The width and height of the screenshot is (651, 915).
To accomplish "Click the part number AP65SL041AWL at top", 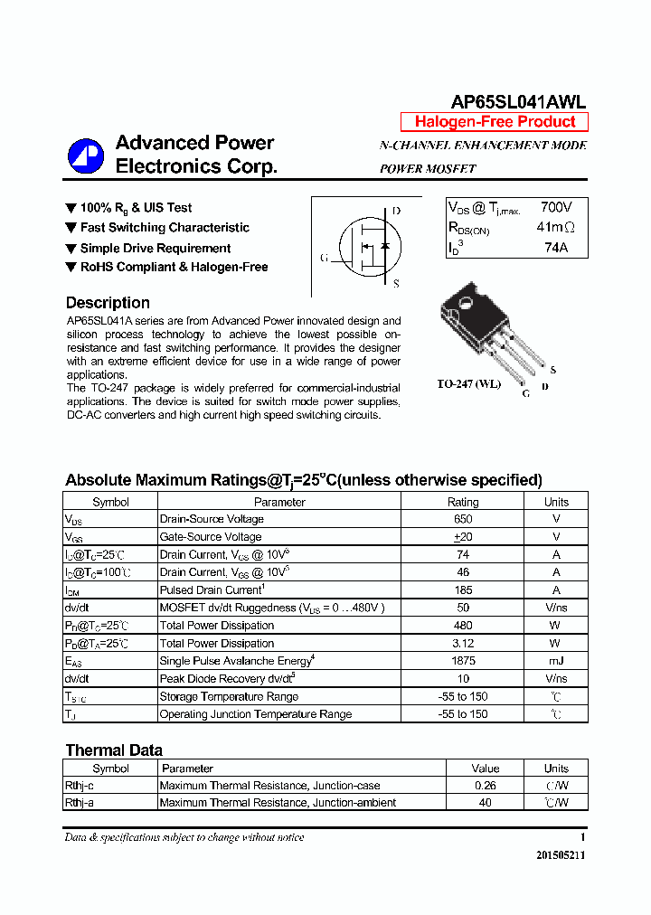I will click(518, 102).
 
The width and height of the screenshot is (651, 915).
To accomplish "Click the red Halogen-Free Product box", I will click(495, 122).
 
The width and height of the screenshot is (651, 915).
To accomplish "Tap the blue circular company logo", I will click(86, 156).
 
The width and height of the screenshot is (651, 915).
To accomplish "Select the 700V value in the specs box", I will click(556, 207).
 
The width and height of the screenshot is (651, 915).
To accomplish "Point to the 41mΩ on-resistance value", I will click(555, 227).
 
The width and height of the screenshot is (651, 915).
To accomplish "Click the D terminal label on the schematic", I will click(396, 212).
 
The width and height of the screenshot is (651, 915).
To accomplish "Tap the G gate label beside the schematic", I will click(324, 258).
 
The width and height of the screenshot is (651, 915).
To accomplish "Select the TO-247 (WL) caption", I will click(468, 383).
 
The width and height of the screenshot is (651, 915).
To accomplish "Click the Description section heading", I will click(108, 303).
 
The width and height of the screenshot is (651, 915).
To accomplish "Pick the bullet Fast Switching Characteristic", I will click(164, 228).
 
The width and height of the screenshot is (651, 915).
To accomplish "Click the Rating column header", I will click(463, 502).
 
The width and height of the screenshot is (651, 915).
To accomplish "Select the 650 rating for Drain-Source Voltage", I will click(463, 519).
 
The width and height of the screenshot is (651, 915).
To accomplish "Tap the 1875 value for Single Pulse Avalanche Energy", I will click(463, 661).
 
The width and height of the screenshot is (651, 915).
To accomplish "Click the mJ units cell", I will click(556, 661).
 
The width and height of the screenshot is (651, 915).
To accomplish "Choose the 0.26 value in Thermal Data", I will click(485, 786).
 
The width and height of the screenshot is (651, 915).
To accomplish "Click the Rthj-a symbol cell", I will click(80, 803).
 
